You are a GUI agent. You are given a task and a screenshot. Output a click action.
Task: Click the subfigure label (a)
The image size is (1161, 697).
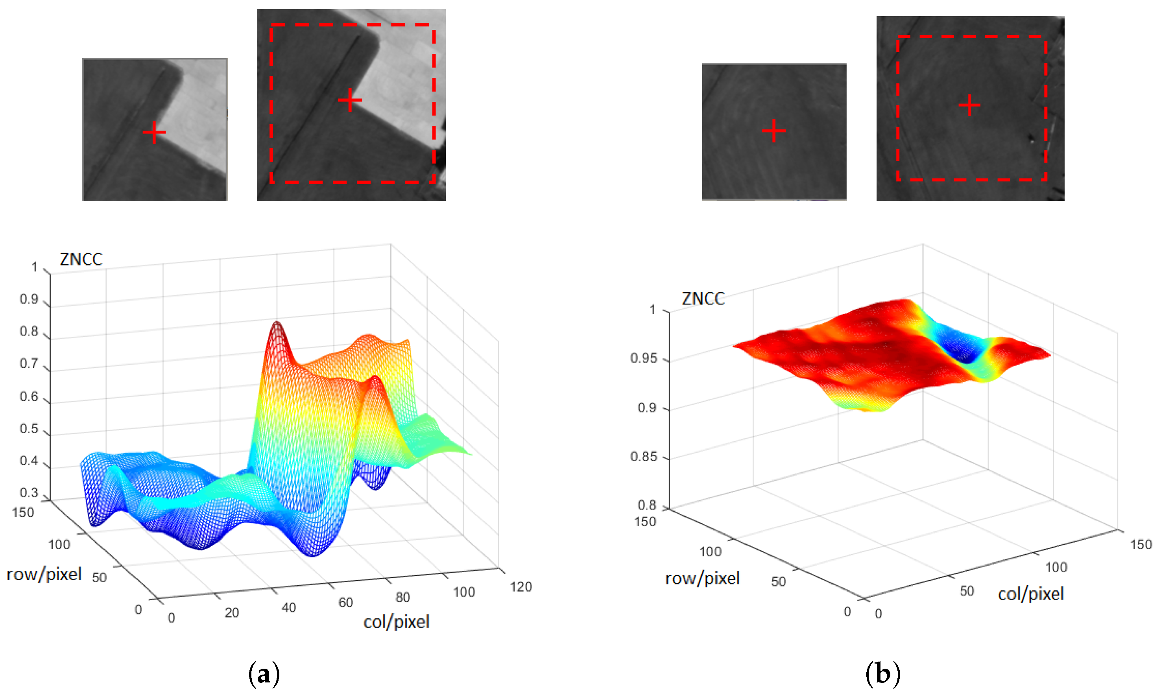264,674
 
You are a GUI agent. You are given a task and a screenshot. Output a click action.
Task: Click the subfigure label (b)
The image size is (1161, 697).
882,674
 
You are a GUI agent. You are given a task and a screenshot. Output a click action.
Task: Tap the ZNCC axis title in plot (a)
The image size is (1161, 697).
81,259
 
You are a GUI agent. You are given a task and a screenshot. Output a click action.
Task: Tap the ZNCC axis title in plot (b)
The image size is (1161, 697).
703,299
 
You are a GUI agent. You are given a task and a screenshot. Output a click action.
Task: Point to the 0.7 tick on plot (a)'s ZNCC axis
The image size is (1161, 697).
29,363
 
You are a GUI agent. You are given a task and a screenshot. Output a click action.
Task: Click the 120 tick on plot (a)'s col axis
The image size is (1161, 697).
521,586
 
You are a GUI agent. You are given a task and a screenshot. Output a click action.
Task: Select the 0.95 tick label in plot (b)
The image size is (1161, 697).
643,358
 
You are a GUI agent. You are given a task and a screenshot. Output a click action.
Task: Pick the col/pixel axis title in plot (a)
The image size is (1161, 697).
396,621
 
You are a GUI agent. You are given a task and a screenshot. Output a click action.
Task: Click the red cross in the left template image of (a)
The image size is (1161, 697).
154,133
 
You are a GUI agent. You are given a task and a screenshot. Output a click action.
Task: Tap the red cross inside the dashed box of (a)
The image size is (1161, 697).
350,100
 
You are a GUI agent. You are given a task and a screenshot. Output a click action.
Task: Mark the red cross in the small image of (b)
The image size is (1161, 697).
773,130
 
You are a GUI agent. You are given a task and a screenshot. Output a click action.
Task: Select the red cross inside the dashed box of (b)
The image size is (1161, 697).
969,105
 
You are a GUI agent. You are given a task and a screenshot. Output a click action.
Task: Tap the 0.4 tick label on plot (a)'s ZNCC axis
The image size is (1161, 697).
29,460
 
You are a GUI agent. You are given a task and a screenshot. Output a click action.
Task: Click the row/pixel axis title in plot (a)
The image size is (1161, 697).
44,574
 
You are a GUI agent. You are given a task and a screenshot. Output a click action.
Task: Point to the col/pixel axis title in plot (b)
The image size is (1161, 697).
1030,594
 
